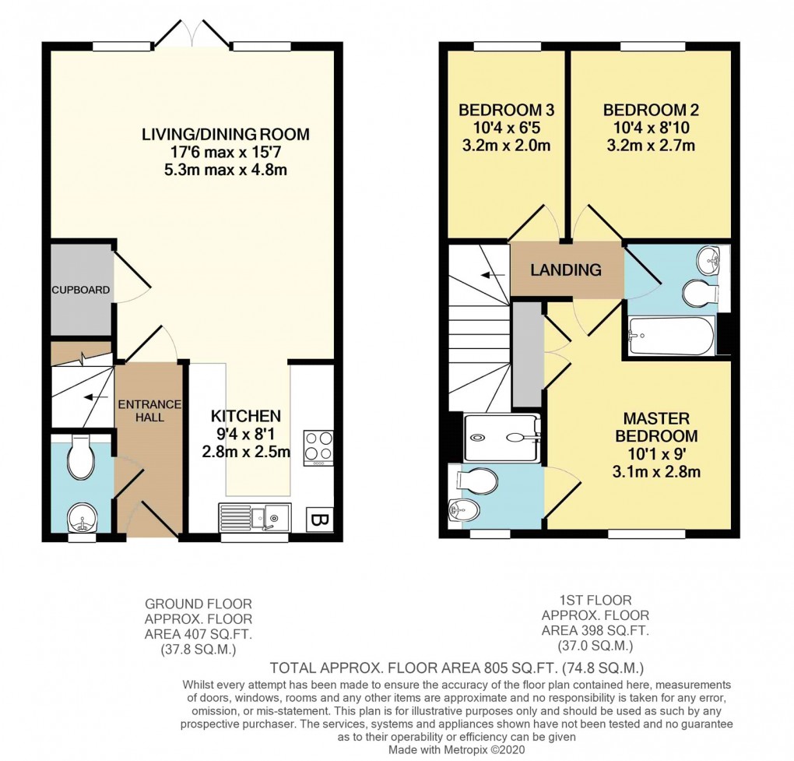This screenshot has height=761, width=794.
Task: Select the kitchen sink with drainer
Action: point(254,516)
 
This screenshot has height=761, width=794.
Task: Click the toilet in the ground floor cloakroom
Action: point(81,458)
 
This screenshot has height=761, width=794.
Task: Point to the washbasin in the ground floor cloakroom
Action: point(81,516)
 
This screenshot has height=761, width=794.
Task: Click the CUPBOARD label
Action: point(81,290)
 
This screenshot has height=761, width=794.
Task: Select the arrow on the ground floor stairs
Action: point(96,397)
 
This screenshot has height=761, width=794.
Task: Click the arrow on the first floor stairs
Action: point(490,275)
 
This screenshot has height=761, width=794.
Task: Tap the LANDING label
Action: point(566,270)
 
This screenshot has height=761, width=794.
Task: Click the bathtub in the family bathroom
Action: point(670,336)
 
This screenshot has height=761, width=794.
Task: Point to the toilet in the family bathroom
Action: point(698,294)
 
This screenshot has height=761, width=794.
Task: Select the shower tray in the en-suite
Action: point(501,438)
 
